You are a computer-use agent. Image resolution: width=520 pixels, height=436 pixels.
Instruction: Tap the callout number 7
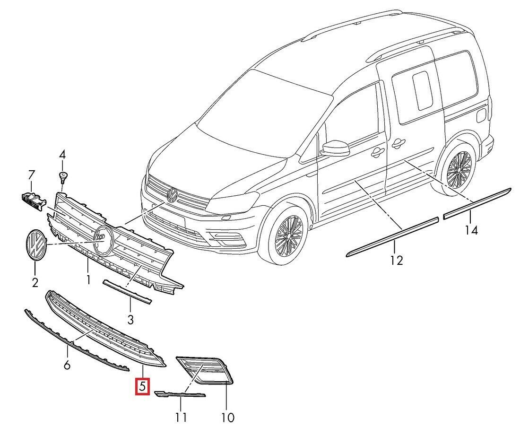(x=32, y=175)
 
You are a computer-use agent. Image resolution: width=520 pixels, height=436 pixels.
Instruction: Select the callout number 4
(x=62, y=154)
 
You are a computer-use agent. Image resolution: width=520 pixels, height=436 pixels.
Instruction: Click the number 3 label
(x=130, y=319)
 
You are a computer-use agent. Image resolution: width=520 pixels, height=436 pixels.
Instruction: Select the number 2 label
(x=35, y=282)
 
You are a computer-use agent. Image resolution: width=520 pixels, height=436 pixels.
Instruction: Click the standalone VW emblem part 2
(x=35, y=244)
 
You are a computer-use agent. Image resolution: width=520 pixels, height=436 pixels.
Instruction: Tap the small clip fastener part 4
(x=62, y=178)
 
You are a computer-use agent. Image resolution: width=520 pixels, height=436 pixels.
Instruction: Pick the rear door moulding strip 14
(x=477, y=202)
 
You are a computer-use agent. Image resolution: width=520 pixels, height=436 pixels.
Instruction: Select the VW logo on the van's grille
(x=172, y=193)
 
